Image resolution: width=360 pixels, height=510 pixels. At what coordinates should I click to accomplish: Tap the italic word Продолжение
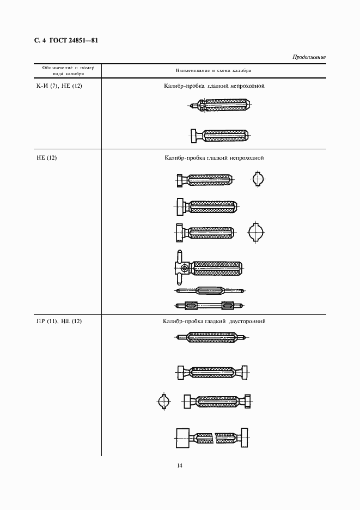[309, 57]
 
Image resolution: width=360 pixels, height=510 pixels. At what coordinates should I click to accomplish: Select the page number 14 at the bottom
[180, 465]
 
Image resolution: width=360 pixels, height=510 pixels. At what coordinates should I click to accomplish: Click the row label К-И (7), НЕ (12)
[59, 86]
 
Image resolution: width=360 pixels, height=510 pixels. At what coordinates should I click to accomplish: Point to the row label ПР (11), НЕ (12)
[59, 321]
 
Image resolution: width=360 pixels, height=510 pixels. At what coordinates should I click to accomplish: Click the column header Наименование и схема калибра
[213, 70]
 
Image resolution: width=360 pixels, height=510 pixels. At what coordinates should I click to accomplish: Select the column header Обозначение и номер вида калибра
[68, 71]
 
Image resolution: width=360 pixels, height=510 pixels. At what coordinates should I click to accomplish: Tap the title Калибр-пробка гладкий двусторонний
[214, 321]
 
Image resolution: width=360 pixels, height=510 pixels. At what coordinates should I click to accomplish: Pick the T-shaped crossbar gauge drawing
[208, 268]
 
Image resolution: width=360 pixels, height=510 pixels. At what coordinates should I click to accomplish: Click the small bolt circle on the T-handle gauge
[185, 268]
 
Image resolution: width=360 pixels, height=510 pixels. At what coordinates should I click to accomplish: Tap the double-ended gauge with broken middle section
[212, 438]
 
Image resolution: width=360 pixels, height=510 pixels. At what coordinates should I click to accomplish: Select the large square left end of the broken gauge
[183, 438]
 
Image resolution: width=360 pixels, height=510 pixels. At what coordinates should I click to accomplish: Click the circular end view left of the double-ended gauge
[163, 402]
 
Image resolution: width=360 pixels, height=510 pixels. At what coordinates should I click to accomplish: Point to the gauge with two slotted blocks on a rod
[210, 306]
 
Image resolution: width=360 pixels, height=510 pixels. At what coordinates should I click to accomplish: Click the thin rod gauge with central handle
[210, 290]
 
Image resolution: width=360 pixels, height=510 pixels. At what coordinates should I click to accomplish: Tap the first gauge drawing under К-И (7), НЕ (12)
[219, 105]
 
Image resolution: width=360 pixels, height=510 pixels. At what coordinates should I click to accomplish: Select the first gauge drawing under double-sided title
[212, 337]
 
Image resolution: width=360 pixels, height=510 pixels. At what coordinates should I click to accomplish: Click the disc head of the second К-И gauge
[194, 136]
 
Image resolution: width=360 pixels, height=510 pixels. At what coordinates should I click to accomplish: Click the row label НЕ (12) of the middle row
[46, 158]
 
